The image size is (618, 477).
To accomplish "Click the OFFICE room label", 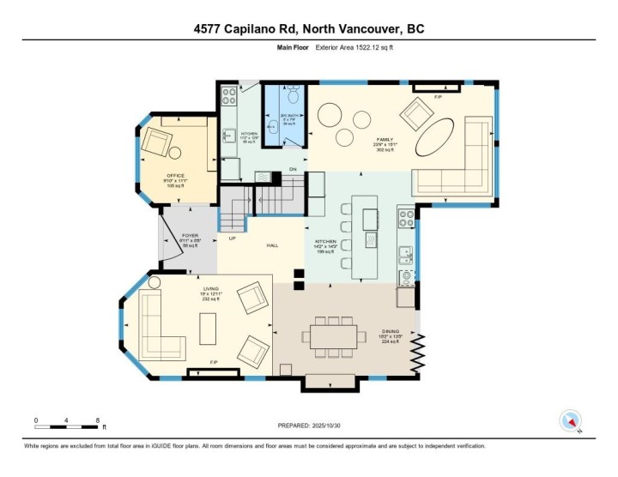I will click(x=174, y=177).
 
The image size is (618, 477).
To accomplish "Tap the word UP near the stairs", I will click(x=232, y=238).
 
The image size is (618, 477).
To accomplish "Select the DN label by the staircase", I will click(x=292, y=169).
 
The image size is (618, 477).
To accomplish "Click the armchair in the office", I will click(x=158, y=142).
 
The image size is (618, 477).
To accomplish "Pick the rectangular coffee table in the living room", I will click(x=209, y=327).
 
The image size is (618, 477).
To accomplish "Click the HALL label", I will click(x=272, y=245).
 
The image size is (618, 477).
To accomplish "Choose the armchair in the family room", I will click(x=418, y=112).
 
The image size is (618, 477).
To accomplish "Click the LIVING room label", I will click(x=210, y=289).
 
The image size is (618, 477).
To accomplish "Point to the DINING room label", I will click(x=392, y=332).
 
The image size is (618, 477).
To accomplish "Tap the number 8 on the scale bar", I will click(x=98, y=421).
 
